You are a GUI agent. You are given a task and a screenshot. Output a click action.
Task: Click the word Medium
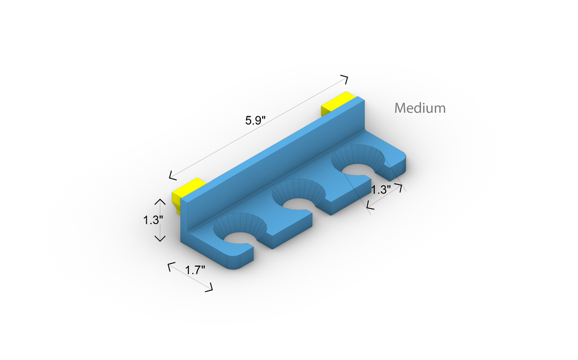pyautogui.click(x=420, y=108)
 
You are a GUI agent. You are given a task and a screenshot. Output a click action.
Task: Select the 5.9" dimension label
pyautogui.click(x=256, y=120)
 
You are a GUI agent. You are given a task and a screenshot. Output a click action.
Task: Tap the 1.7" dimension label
pyautogui.click(x=195, y=270)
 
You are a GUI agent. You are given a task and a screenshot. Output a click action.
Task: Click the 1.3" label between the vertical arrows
pyautogui.click(x=153, y=220)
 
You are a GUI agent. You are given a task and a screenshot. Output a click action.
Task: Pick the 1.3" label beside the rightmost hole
pyautogui.click(x=381, y=190)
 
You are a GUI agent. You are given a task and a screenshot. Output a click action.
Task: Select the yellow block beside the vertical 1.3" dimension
pyautogui.click(x=188, y=192)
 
